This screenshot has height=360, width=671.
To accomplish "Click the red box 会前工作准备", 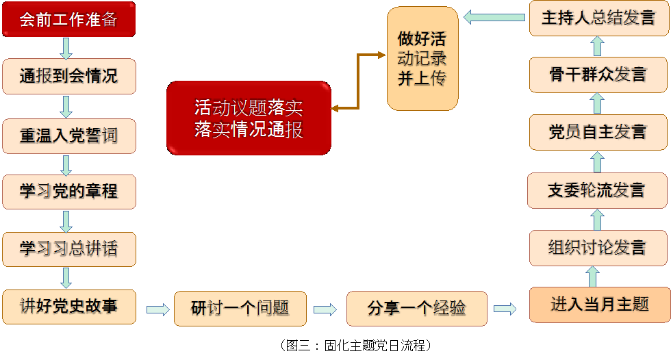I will pos(68,19).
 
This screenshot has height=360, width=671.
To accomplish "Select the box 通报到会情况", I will pos(68,76).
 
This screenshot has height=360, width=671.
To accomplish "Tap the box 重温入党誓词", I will pos(68,135).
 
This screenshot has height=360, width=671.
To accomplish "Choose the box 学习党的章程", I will pos(68,192).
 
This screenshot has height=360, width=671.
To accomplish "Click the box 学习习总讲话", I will pos(68,249).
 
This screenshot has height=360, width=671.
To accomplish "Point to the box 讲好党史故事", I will pos(68,306).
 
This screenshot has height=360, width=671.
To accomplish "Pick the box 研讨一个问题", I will pos(240,309).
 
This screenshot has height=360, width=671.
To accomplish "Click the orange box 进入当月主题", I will pos(599,305).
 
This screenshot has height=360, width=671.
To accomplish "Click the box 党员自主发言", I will pos(597,131).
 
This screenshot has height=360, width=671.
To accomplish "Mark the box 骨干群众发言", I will pos(597,74).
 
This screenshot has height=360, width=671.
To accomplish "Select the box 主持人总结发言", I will pos(598,18).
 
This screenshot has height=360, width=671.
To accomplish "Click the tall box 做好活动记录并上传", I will pos(422,59).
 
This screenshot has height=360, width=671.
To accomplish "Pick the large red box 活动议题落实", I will pos(249,118).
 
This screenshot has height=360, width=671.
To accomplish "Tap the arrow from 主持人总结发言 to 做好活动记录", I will pos(494,17).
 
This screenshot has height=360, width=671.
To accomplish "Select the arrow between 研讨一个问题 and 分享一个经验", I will pos(325,309).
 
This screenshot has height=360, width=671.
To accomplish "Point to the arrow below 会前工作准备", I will pos(66,48).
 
